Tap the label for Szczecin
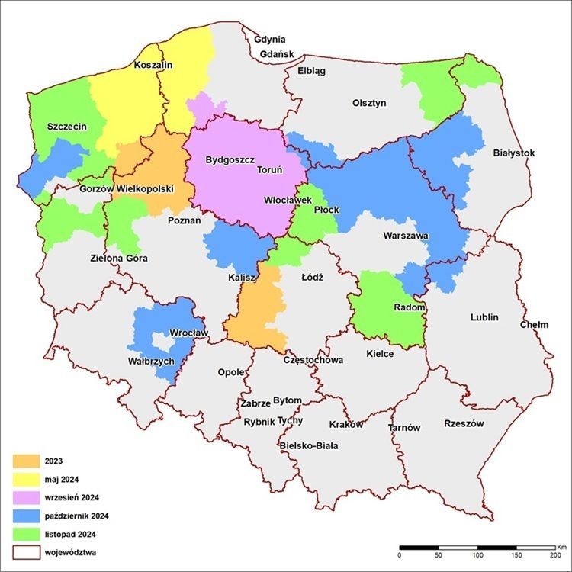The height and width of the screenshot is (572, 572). point(66,126)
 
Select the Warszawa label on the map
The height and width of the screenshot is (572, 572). point(407,236)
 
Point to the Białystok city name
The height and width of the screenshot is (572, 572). point(514,153)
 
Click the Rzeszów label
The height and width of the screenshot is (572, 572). point(464,423)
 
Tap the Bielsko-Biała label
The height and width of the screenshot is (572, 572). point(309,445)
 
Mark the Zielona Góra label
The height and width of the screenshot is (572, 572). point(118,258)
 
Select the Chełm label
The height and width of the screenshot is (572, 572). point(534,324)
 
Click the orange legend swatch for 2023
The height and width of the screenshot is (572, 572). point(25,461)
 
